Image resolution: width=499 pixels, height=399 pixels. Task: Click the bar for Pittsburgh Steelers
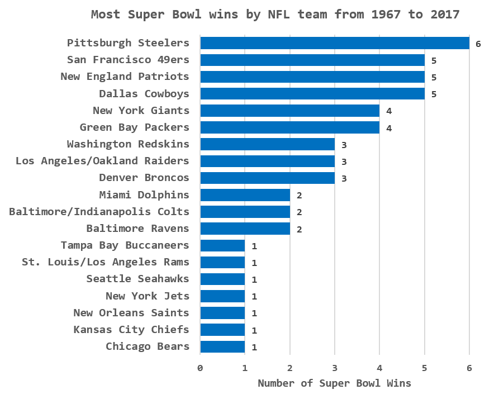pos(334,43)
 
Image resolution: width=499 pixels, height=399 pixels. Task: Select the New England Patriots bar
pos(312,77)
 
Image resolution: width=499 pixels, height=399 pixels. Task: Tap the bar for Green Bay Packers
pos(289,127)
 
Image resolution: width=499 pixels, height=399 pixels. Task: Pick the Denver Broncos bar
pos(267,178)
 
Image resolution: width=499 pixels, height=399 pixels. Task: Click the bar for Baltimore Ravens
pos(245,229)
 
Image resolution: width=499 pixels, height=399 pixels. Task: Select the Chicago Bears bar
pos(222,346)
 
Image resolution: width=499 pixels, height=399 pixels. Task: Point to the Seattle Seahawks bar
pos(222,279)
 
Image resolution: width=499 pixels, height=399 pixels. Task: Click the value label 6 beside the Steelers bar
pos(478,44)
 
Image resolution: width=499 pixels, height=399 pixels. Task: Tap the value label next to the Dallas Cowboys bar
pos(433,94)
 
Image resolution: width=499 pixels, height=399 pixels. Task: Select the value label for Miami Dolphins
pos(299,196)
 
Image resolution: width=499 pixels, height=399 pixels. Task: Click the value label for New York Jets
pos(254,297)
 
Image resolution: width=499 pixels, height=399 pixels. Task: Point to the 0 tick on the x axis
pos(200,368)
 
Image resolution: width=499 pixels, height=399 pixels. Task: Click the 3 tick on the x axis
pos(335,368)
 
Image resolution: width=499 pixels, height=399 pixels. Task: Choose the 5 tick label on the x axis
pos(425,368)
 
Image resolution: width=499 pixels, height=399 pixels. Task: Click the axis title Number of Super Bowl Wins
pos(334,383)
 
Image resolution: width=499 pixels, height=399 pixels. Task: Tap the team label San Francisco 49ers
pos(128,60)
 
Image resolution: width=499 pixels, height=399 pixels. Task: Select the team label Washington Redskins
pos(128,144)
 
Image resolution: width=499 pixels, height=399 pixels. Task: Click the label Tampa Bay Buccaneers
pos(125,245)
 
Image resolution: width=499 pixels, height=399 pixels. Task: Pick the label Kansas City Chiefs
pos(131,330)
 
